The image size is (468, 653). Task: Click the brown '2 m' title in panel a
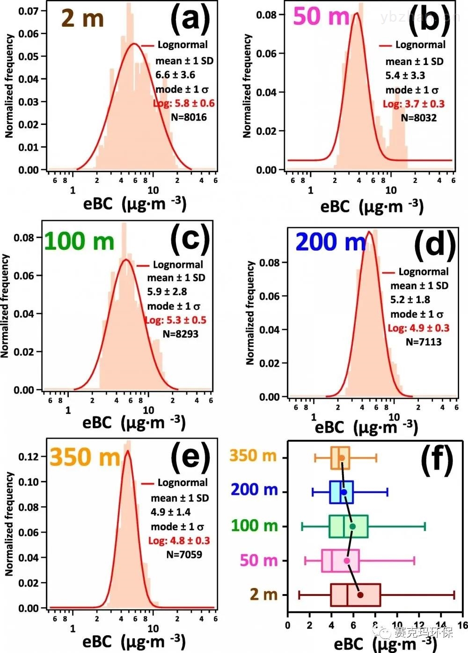coord(83,18)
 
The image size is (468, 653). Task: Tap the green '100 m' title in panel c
coord(79,241)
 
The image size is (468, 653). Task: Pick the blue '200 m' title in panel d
coord(330,242)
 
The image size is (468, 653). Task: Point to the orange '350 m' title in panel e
coord(85,457)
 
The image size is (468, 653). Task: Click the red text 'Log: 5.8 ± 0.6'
coord(184,103)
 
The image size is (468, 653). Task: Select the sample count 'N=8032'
coord(419,118)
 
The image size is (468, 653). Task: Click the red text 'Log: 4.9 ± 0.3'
coord(418,328)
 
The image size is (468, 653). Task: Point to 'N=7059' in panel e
coord(184,555)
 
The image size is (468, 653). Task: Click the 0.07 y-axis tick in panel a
coord(29,11)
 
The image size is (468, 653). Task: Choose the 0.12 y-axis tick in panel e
coord(29,456)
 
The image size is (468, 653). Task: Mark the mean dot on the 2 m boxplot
coord(360,595)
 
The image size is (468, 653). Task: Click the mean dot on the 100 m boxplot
coord(352,526)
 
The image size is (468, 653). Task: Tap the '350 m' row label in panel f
coord(253,455)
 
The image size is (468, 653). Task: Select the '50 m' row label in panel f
coord(259,560)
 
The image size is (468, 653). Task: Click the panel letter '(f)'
coord(438,459)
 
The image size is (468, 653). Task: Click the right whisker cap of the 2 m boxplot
coord(454,595)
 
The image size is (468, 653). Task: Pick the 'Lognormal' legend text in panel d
coord(423,272)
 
